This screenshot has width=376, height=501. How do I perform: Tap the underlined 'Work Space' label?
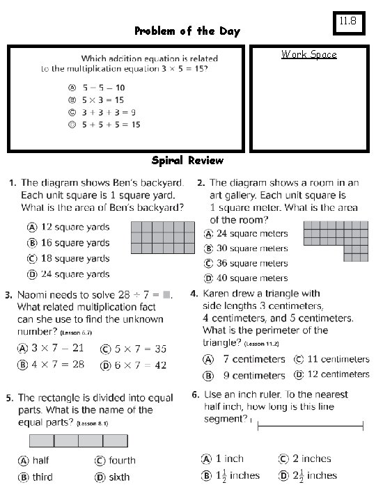(308, 54)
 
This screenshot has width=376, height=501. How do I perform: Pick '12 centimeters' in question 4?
(331, 374)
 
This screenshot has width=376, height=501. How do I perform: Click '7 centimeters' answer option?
(245, 359)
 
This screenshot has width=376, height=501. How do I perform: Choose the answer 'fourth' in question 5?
(115, 460)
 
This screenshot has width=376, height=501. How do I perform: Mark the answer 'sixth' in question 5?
(113, 477)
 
